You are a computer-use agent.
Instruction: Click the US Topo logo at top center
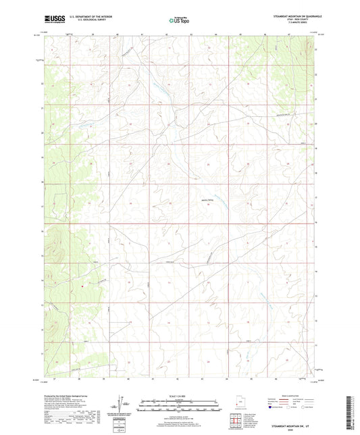tap(177, 21)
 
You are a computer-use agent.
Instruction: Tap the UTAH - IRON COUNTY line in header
tap(306, 20)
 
